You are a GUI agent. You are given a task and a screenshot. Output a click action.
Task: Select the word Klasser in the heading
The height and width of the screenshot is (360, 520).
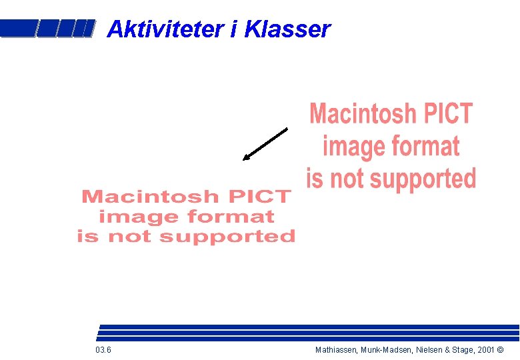click(288, 29)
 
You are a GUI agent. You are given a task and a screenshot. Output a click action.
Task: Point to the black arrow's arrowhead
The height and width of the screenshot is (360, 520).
click(245, 158)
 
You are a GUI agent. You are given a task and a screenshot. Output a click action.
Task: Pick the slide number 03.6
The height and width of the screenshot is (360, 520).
click(103, 350)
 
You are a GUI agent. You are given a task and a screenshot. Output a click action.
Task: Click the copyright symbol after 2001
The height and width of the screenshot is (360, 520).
click(500, 350)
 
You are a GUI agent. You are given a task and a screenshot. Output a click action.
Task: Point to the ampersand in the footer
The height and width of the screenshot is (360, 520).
click(445, 350)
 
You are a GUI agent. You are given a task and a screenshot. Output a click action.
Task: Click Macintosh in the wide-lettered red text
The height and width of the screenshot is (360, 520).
click(150, 197)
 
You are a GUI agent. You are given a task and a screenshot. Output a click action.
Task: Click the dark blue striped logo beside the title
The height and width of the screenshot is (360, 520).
click(45, 28)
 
